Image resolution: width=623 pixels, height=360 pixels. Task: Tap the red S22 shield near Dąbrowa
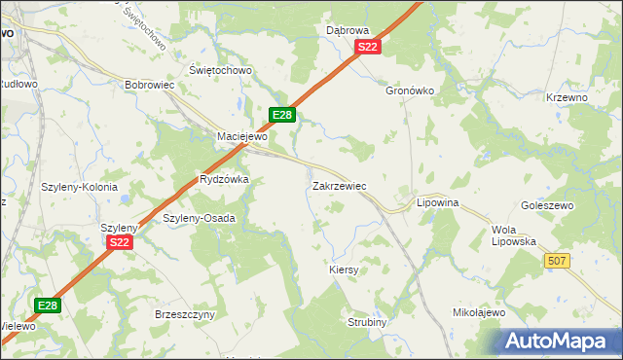pyautogui.click(x=367, y=47)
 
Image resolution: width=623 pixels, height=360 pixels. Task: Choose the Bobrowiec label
pyautogui.click(x=149, y=85)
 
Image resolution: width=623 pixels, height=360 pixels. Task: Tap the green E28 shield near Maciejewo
pyautogui.click(x=281, y=115)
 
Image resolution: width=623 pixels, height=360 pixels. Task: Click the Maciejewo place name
pyautogui.click(x=241, y=136)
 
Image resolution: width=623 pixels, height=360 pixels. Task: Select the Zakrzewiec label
pyautogui.click(x=339, y=184)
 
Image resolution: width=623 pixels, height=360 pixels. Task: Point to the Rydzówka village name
pyautogui.click(x=224, y=179)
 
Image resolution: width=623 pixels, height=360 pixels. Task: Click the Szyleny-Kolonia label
pyautogui.click(x=80, y=187)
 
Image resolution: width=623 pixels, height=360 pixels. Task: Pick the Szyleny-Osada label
pyautogui.click(x=199, y=218)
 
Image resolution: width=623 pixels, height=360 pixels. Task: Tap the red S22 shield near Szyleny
pyautogui.click(x=120, y=242)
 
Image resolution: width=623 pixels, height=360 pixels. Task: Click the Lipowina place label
pyautogui.click(x=437, y=202)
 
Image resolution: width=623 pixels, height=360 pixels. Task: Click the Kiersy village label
pyautogui.click(x=345, y=270)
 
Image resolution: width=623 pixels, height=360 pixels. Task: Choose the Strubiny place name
pyautogui.click(x=368, y=321)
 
